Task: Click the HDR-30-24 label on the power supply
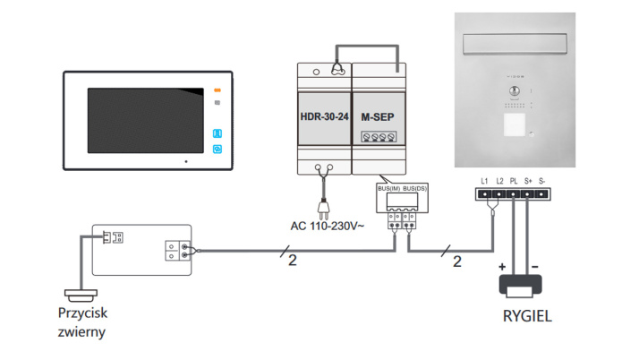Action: pyautogui.click(x=323, y=116)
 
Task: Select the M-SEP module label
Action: pyautogui.click(x=378, y=116)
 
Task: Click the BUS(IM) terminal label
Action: pyautogui.click(x=389, y=189)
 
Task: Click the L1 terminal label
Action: pyautogui.click(x=484, y=181)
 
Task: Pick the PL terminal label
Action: pyautogui.click(x=514, y=181)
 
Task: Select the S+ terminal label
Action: pyautogui.click(x=528, y=181)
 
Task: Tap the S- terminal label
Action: pyautogui.click(x=542, y=181)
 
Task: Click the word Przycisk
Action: pyautogui.click(x=84, y=315)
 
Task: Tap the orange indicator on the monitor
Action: pyautogui.click(x=217, y=90)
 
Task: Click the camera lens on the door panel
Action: pyautogui.click(x=514, y=92)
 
